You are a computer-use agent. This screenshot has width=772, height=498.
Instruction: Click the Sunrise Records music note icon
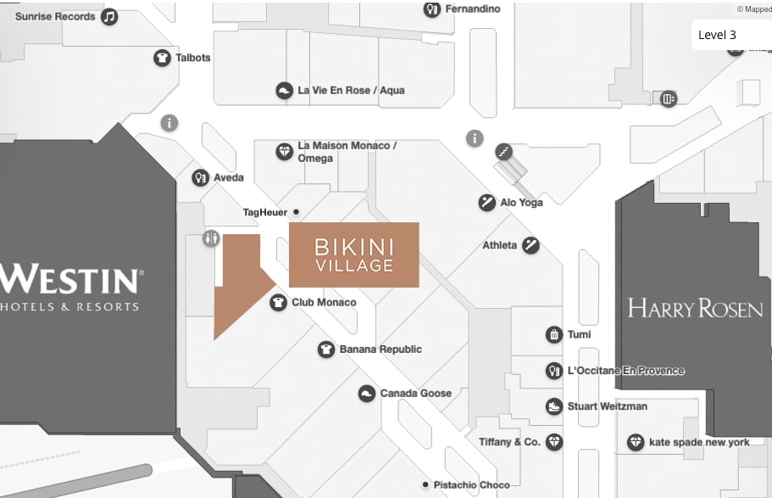tap(109, 17)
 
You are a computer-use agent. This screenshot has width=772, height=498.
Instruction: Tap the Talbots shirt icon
tap(162, 58)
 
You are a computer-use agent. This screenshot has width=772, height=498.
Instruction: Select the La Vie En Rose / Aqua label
tap(351, 90)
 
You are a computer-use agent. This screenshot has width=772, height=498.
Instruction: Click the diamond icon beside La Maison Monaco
tap(285, 152)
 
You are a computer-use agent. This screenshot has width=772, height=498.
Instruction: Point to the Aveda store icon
tap(200, 177)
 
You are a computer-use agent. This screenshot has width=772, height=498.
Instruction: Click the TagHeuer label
tap(265, 212)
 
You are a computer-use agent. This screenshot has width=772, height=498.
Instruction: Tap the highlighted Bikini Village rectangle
tap(354, 255)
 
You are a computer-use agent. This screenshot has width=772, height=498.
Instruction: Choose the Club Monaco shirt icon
tap(278, 302)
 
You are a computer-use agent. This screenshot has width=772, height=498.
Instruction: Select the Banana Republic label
tap(380, 350)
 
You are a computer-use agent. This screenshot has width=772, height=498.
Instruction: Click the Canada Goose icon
tap(366, 394)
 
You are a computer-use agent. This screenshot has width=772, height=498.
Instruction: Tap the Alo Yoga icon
tap(486, 202)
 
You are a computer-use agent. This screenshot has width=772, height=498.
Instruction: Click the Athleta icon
tap(530, 245)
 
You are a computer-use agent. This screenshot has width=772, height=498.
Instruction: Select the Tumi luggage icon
tap(554, 334)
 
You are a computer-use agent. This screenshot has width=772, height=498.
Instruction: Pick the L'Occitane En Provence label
tap(625, 371)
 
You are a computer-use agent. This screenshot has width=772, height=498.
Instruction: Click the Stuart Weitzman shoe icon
tap(554, 406)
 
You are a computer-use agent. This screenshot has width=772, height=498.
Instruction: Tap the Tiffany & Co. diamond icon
tap(554, 442)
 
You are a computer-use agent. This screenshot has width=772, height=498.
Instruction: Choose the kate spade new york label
tap(699, 442)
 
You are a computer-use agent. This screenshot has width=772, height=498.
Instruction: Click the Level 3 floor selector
tap(717, 35)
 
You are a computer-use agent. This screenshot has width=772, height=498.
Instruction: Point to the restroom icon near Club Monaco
tap(211, 239)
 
